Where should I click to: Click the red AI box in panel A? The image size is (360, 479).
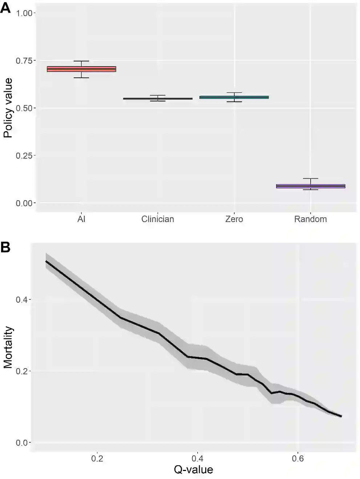click(x=81, y=69)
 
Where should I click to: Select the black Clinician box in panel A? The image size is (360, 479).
click(x=158, y=98)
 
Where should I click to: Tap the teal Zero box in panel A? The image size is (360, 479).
click(x=234, y=97)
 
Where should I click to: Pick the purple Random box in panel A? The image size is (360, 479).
click(x=311, y=186)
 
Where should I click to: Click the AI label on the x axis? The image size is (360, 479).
click(x=81, y=219)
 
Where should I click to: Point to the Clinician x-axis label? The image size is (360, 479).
click(x=158, y=219)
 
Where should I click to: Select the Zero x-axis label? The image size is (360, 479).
click(x=234, y=219)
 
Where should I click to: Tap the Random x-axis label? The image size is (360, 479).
click(x=311, y=219)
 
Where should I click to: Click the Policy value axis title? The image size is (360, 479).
click(x=8, y=108)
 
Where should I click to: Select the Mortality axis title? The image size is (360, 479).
click(x=8, y=347)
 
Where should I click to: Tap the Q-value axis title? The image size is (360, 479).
click(x=193, y=470)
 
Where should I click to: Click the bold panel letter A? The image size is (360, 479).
click(x=5, y=8)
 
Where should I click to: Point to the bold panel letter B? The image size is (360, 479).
click(x=5, y=247)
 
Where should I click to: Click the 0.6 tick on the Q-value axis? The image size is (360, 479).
click(x=298, y=458)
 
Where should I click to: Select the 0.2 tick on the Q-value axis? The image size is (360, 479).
click(x=97, y=458)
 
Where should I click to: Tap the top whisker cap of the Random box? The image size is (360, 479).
click(x=311, y=178)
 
